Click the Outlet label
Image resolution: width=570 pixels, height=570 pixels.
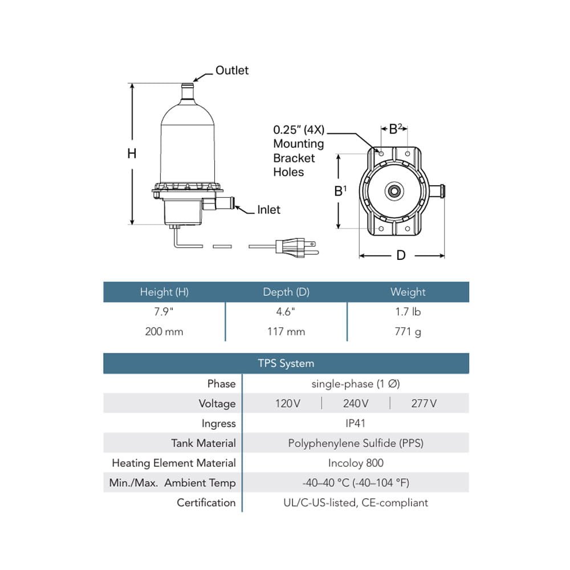232,71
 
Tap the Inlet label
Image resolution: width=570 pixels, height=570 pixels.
268,210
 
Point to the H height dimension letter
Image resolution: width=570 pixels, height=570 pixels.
132,153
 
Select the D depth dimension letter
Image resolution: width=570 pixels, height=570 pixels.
401,255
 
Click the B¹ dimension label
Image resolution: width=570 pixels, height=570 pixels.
340,191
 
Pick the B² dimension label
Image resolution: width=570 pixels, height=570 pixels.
396,129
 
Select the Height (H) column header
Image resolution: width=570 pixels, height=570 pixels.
164,292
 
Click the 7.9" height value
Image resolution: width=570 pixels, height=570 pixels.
164,312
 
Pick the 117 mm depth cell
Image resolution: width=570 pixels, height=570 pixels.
286,331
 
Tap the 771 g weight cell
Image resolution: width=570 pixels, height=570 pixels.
408,331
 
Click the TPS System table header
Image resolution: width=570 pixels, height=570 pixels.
286,363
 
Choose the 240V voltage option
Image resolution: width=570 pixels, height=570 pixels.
356,404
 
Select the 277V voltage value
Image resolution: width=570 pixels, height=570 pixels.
424,404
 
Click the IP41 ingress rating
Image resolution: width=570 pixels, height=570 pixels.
356,423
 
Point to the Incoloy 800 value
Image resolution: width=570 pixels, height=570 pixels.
356,463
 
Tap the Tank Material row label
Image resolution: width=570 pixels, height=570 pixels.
203,443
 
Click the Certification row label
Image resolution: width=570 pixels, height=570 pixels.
206,502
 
